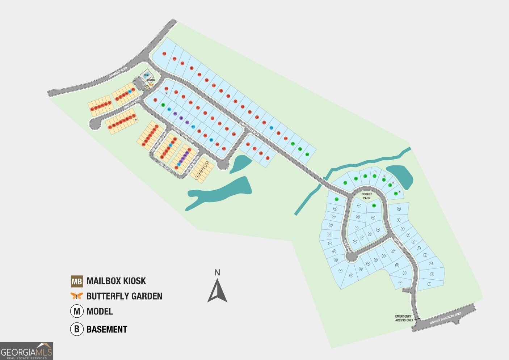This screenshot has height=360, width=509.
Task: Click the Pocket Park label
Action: pos(367,196)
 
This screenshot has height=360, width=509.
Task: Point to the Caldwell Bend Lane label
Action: pos(183,135)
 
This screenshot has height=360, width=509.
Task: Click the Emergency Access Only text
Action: pos(404,318)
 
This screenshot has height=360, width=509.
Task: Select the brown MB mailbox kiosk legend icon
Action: pos(77,281)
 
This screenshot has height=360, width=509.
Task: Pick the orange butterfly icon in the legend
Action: pos(77,296)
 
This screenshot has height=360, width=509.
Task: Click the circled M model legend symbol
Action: pos(77,311)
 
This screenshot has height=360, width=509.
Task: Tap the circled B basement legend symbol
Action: pos(77,329)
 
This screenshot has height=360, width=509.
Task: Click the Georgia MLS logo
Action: pos(26,351)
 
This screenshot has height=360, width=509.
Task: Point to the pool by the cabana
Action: pos(147,75)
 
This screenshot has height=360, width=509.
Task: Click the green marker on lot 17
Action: pos(337,199)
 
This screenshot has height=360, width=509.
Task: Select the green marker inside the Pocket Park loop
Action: pos(374,206)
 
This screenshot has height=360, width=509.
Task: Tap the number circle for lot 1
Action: pos(429,284)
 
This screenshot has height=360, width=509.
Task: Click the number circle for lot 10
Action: pos(399,209)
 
